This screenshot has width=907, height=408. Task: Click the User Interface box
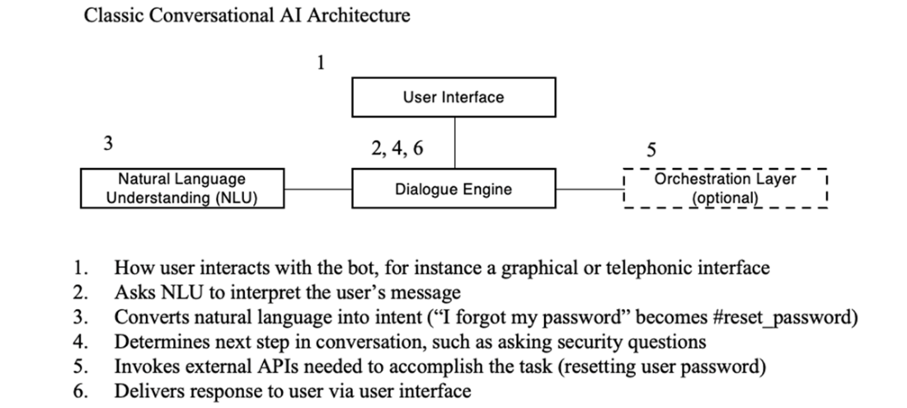(x=453, y=97)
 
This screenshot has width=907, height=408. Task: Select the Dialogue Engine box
(x=453, y=189)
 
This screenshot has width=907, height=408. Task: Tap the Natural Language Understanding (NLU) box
(x=181, y=189)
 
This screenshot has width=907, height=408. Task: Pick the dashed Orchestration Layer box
(x=725, y=189)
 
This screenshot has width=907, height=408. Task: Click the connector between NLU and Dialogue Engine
(x=317, y=189)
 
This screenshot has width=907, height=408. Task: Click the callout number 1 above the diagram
(x=322, y=63)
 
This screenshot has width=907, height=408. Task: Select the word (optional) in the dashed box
(x=725, y=199)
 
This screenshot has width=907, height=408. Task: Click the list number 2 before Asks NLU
(x=79, y=293)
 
